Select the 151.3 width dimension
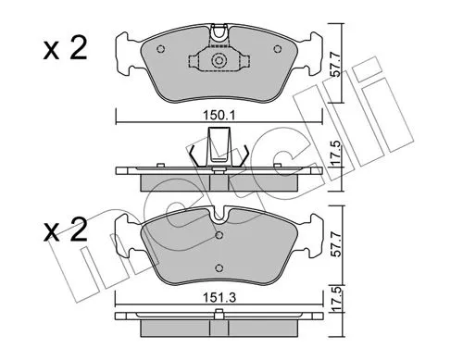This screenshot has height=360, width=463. pyautogui.click(x=219, y=299)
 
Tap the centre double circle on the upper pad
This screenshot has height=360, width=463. pyautogui.click(x=219, y=63)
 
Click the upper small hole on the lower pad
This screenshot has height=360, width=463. pyautogui.click(x=219, y=234)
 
